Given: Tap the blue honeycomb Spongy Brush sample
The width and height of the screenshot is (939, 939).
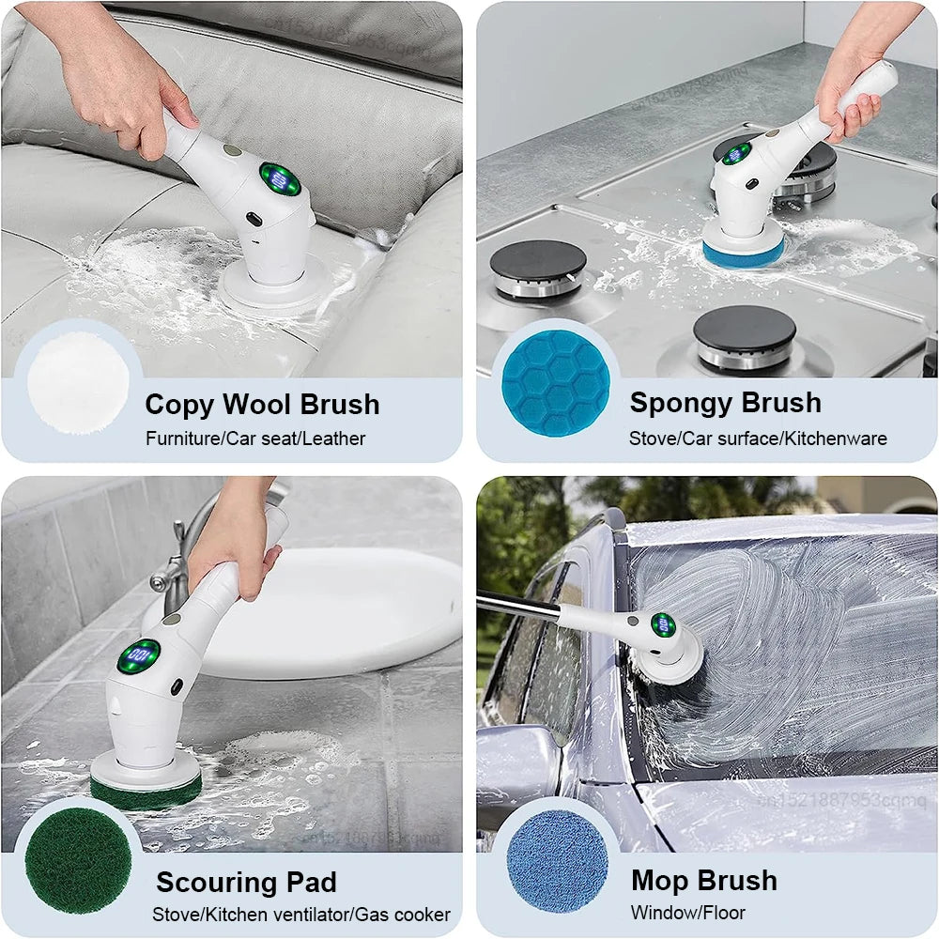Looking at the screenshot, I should (556, 383).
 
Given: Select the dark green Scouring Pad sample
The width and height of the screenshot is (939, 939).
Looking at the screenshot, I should (78, 861).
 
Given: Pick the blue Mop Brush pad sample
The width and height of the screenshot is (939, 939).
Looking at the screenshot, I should (557, 861).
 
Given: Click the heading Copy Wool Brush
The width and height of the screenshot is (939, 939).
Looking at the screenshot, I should (262, 405).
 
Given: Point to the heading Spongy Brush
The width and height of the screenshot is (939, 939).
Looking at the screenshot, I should (725, 403).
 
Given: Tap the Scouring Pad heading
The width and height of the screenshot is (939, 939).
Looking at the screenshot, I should (246, 883).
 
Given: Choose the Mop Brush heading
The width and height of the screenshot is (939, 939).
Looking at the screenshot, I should (704, 881).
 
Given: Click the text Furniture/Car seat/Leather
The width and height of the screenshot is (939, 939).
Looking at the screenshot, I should (255, 439).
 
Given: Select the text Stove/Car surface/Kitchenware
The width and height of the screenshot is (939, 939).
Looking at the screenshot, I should (758, 439).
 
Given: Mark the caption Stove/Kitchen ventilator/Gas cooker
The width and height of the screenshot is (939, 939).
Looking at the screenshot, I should (301, 915).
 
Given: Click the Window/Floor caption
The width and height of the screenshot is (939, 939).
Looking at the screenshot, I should (688, 913).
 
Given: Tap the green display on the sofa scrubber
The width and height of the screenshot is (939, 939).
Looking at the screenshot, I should (279, 179).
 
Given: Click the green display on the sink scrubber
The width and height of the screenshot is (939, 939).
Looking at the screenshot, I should (139, 655).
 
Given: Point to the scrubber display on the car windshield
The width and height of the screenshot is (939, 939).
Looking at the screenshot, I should (663, 624).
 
